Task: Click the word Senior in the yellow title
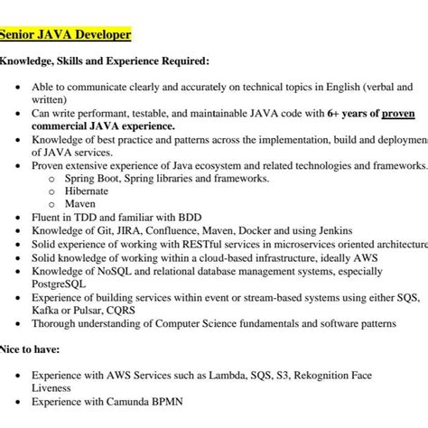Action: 20,35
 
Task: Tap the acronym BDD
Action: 187,218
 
